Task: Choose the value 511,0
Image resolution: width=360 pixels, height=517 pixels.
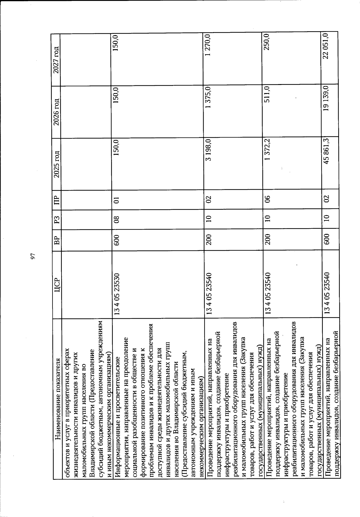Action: [267, 95]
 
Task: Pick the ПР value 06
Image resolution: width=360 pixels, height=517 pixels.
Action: [267, 199]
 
